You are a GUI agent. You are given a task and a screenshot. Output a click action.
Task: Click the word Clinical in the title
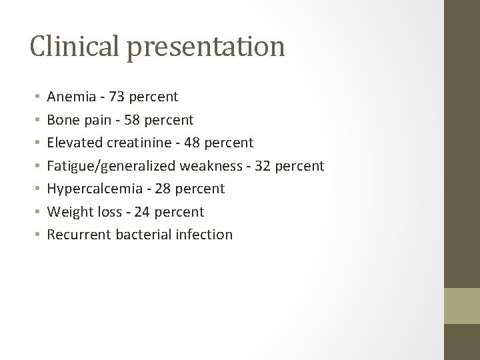tap(70, 46)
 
